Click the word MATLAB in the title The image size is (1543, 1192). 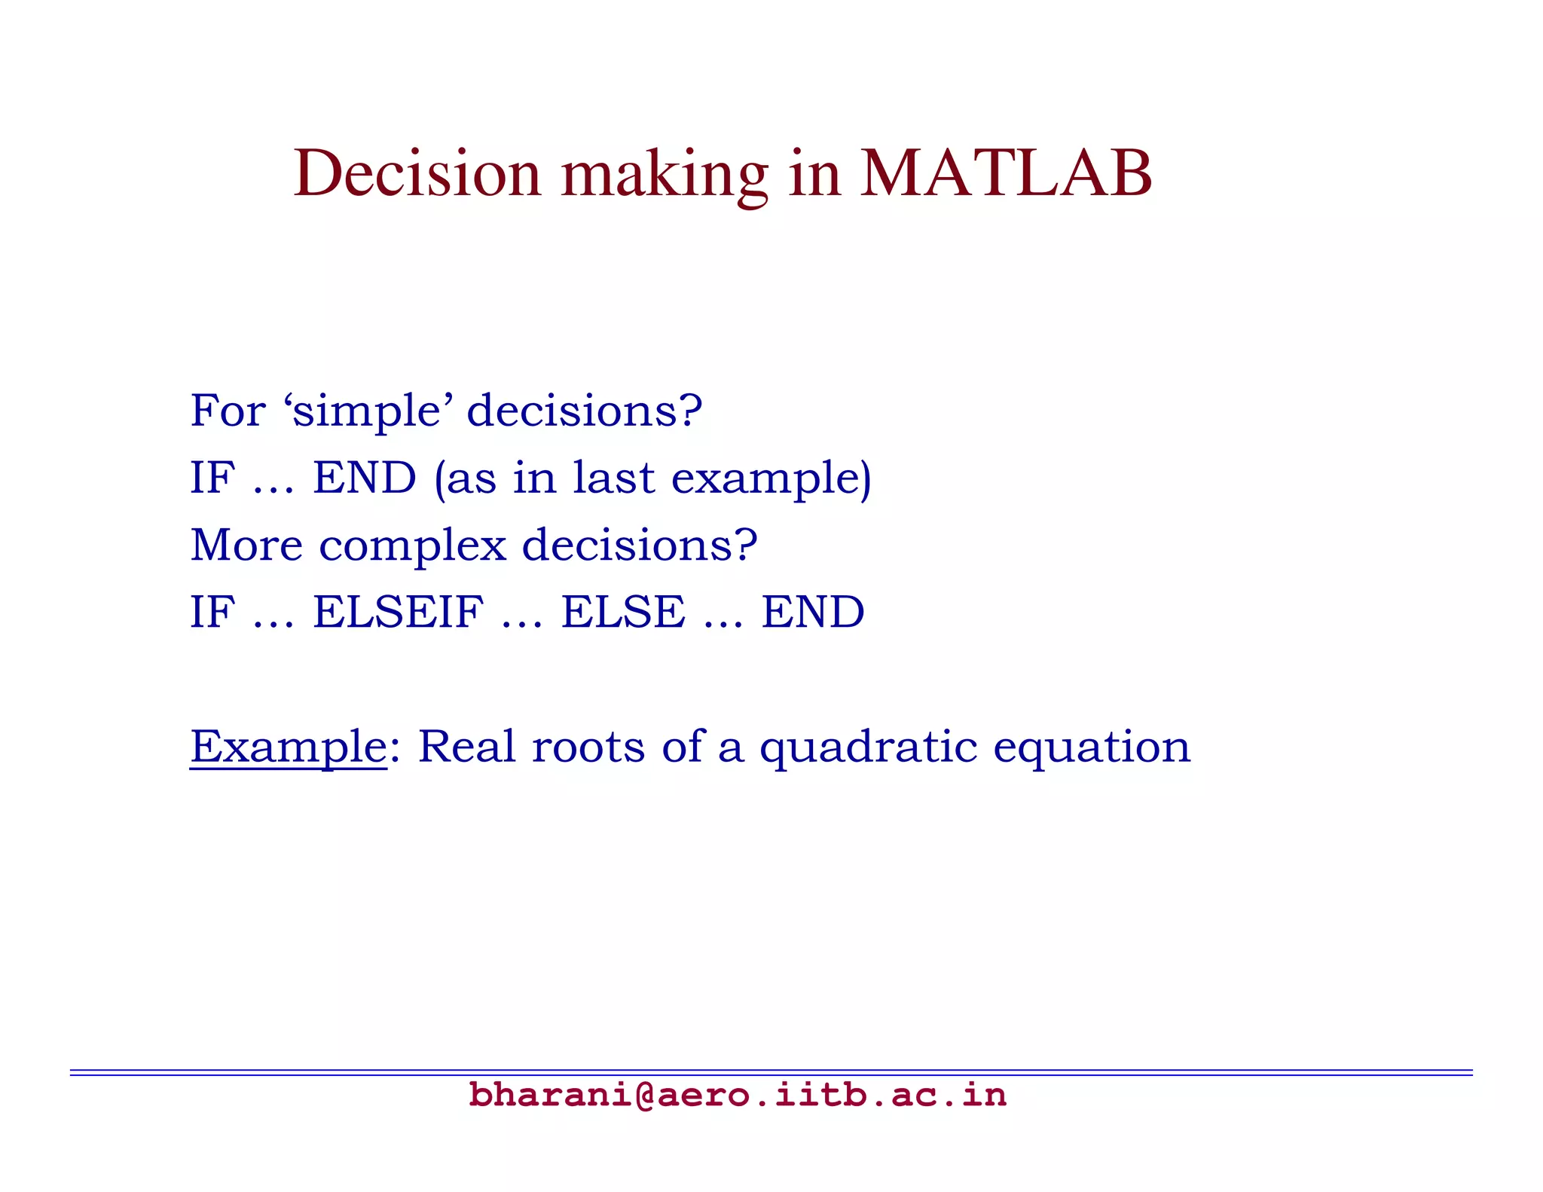1005,174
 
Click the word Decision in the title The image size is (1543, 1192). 417,174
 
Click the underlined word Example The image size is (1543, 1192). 289,747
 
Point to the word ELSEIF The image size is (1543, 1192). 398,612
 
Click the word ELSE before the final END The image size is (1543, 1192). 623,612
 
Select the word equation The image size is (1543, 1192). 1092,749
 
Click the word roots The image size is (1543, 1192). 588,747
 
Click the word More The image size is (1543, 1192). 246,545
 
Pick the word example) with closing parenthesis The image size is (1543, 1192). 771,479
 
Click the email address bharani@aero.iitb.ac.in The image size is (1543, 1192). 737,1095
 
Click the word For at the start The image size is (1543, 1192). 228,411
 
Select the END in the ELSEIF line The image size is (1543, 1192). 812,612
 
